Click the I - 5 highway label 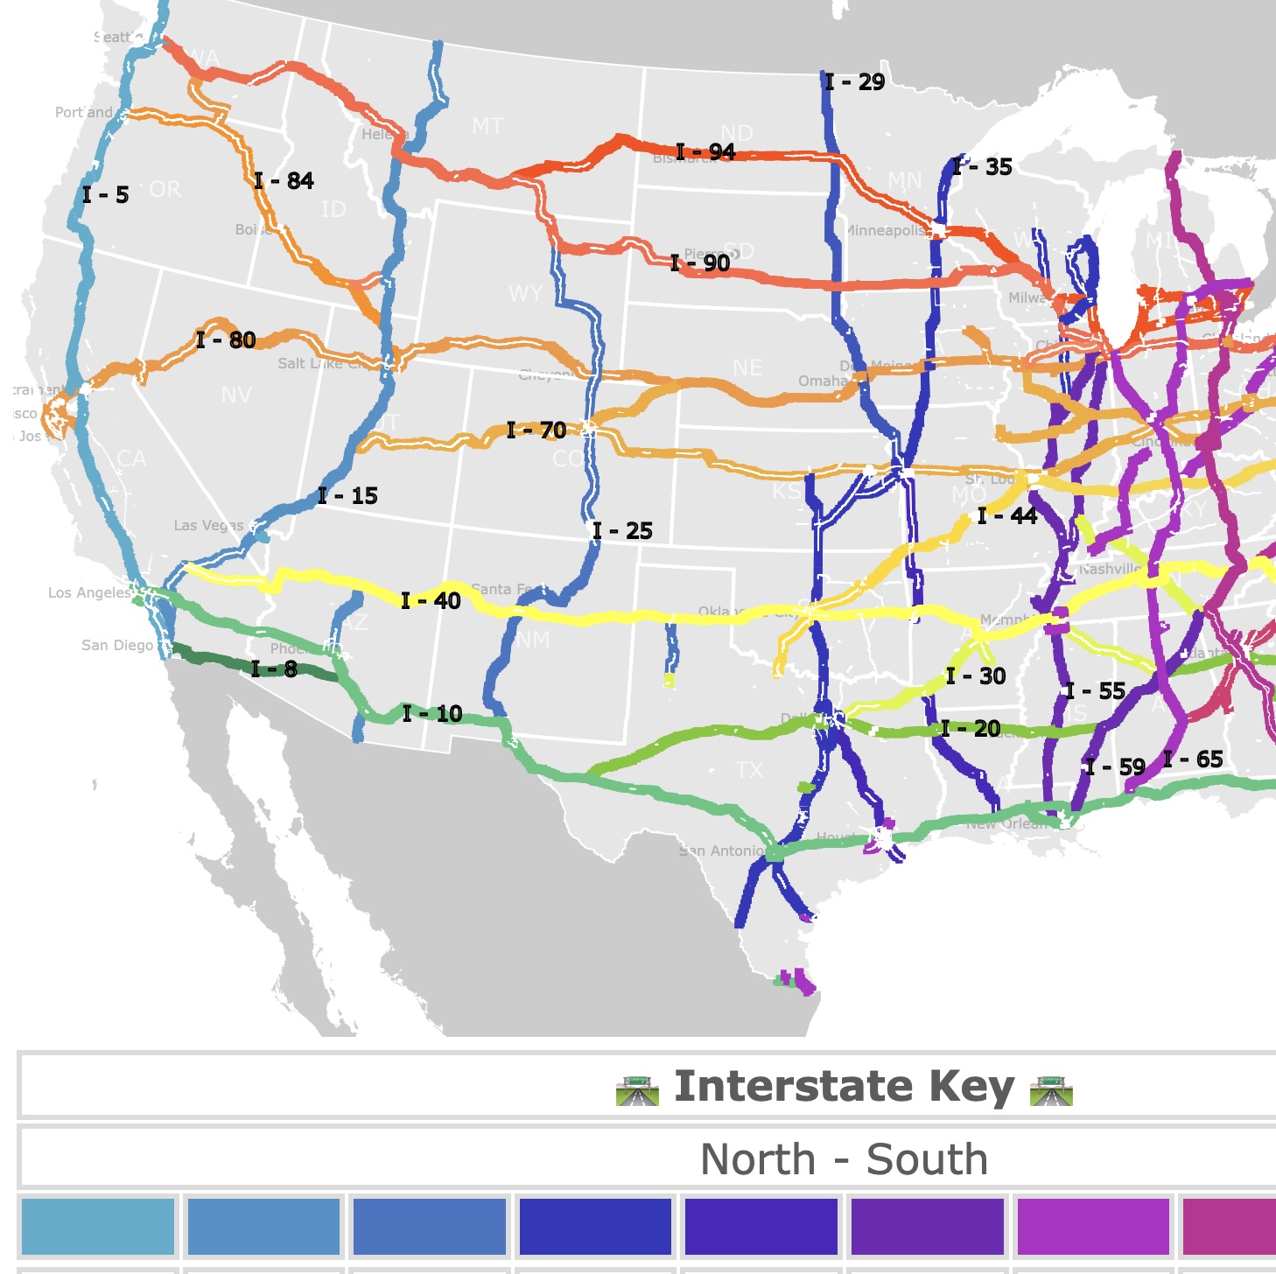point(106,195)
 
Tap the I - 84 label point(284,181)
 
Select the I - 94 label point(705,152)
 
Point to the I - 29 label point(855,82)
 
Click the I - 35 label point(982,167)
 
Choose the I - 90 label point(700,263)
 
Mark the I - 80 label point(226,340)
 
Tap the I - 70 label point(536,430)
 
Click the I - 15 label point(347,496)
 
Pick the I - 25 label point(622,531)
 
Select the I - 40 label point(431,601)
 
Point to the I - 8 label point(274,669)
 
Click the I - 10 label point(432,714)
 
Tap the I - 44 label point(1007,516)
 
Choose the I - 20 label point(971,729)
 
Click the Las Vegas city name point(208,526)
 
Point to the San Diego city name point(117,646)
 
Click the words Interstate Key point(844,1087)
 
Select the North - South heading point(844,1160)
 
